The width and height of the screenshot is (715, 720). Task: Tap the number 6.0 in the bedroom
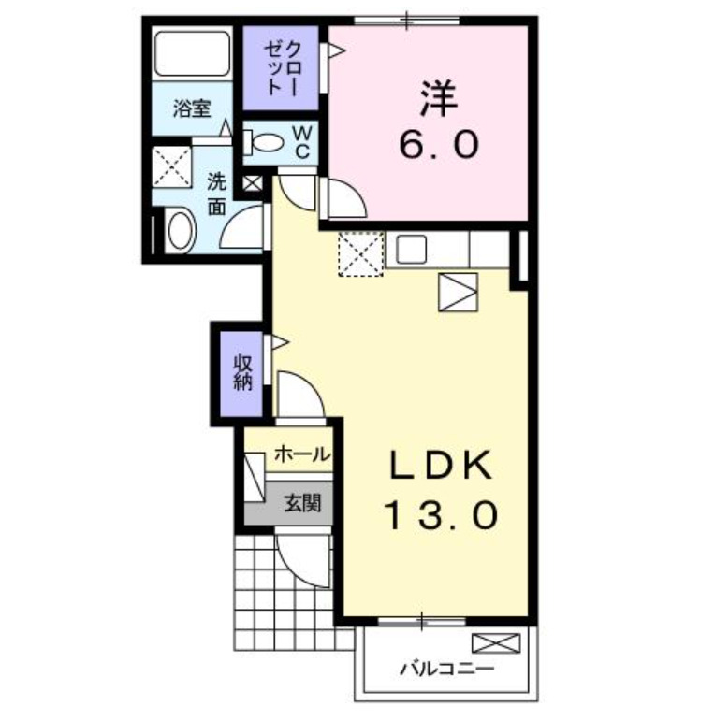tap(439, 145)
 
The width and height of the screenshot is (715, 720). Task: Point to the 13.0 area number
tap(439, 513)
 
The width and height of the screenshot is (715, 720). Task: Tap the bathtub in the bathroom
tap(192, 53)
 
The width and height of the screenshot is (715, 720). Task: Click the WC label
tap(305, 142)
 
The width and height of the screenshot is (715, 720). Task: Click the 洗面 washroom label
tap(217, 193)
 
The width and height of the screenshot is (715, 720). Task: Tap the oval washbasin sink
tap(180, 230)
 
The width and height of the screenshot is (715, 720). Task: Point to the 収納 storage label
tap(243, 371)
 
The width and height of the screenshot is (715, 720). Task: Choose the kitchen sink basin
tap(412, 249)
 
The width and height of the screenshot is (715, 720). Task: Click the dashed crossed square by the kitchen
tap(360, 253)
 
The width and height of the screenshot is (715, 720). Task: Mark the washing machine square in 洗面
tap(172, 165)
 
